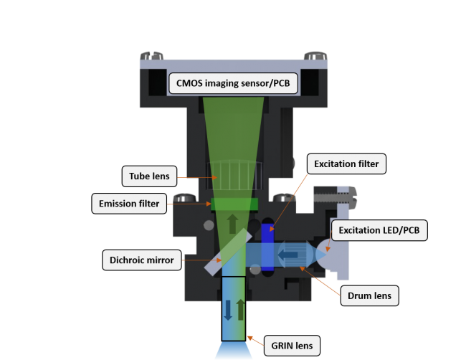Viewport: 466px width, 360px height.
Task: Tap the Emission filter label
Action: [x=128, y=204]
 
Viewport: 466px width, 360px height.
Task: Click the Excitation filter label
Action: [x=346, y=164]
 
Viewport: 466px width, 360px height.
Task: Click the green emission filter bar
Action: [x=224, y=205]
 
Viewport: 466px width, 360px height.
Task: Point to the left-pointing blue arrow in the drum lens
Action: [x=290, y=253]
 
